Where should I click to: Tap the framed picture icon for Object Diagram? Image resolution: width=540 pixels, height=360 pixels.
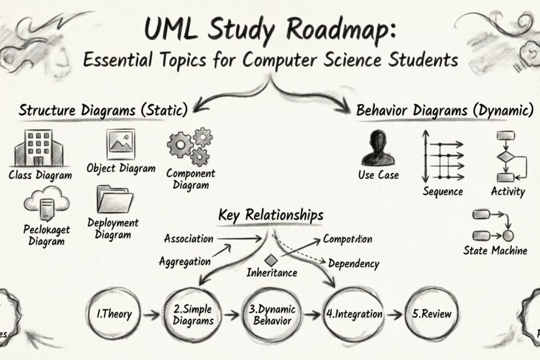[121, 144]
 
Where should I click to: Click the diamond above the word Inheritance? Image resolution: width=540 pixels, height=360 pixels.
[271, 260]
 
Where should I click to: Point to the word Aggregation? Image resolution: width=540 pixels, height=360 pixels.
[184, 261]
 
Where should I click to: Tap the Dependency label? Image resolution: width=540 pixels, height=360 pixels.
[354, 263]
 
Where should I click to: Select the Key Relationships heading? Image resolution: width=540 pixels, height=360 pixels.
[270, 215]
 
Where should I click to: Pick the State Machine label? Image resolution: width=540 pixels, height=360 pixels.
[495, 250]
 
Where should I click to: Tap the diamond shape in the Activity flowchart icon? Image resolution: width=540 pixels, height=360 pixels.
[506, 158]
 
